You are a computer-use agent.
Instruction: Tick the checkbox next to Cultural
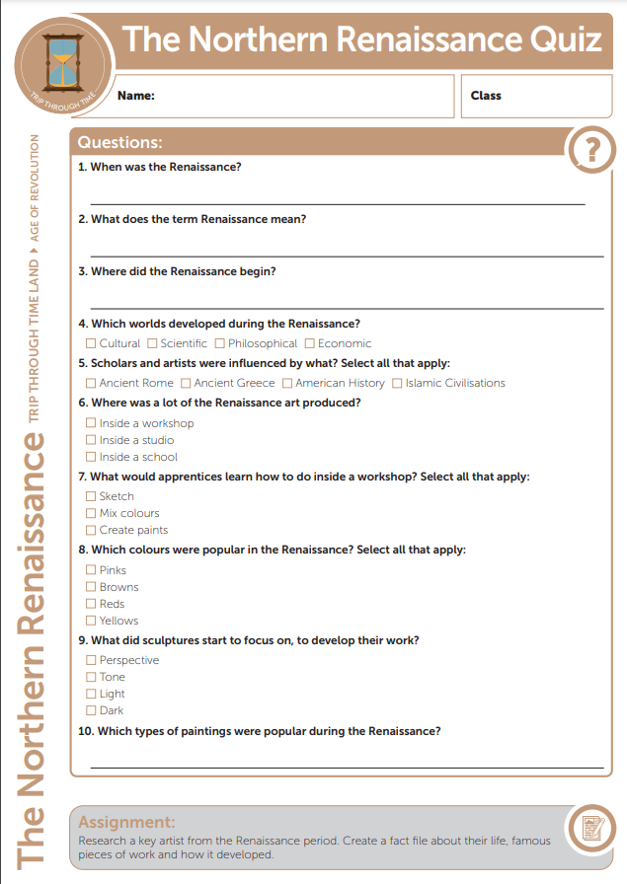coord(92,343)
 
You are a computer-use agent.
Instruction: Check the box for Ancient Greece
coord(187,383)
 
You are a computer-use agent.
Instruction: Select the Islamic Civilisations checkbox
coord(398,383)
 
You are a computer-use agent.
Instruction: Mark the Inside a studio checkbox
coord(92,440)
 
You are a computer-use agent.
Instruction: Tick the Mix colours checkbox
coord(92,513)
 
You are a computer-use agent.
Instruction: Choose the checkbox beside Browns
coord(92,587)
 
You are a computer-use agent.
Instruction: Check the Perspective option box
coord(92,660)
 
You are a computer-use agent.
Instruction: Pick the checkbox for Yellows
coord(92,621)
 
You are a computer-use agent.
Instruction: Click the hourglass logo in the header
coord(62,61)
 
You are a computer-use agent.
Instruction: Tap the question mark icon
coord(591,150)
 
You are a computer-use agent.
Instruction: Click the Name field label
coord(136,96)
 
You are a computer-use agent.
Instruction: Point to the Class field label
coord(486,96)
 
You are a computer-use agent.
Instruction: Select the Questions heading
coord(119,142)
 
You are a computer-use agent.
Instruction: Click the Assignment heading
coord(126,822)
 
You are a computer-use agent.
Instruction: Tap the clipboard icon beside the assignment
coord(590,832)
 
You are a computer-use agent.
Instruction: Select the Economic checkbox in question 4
coord(310,343)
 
